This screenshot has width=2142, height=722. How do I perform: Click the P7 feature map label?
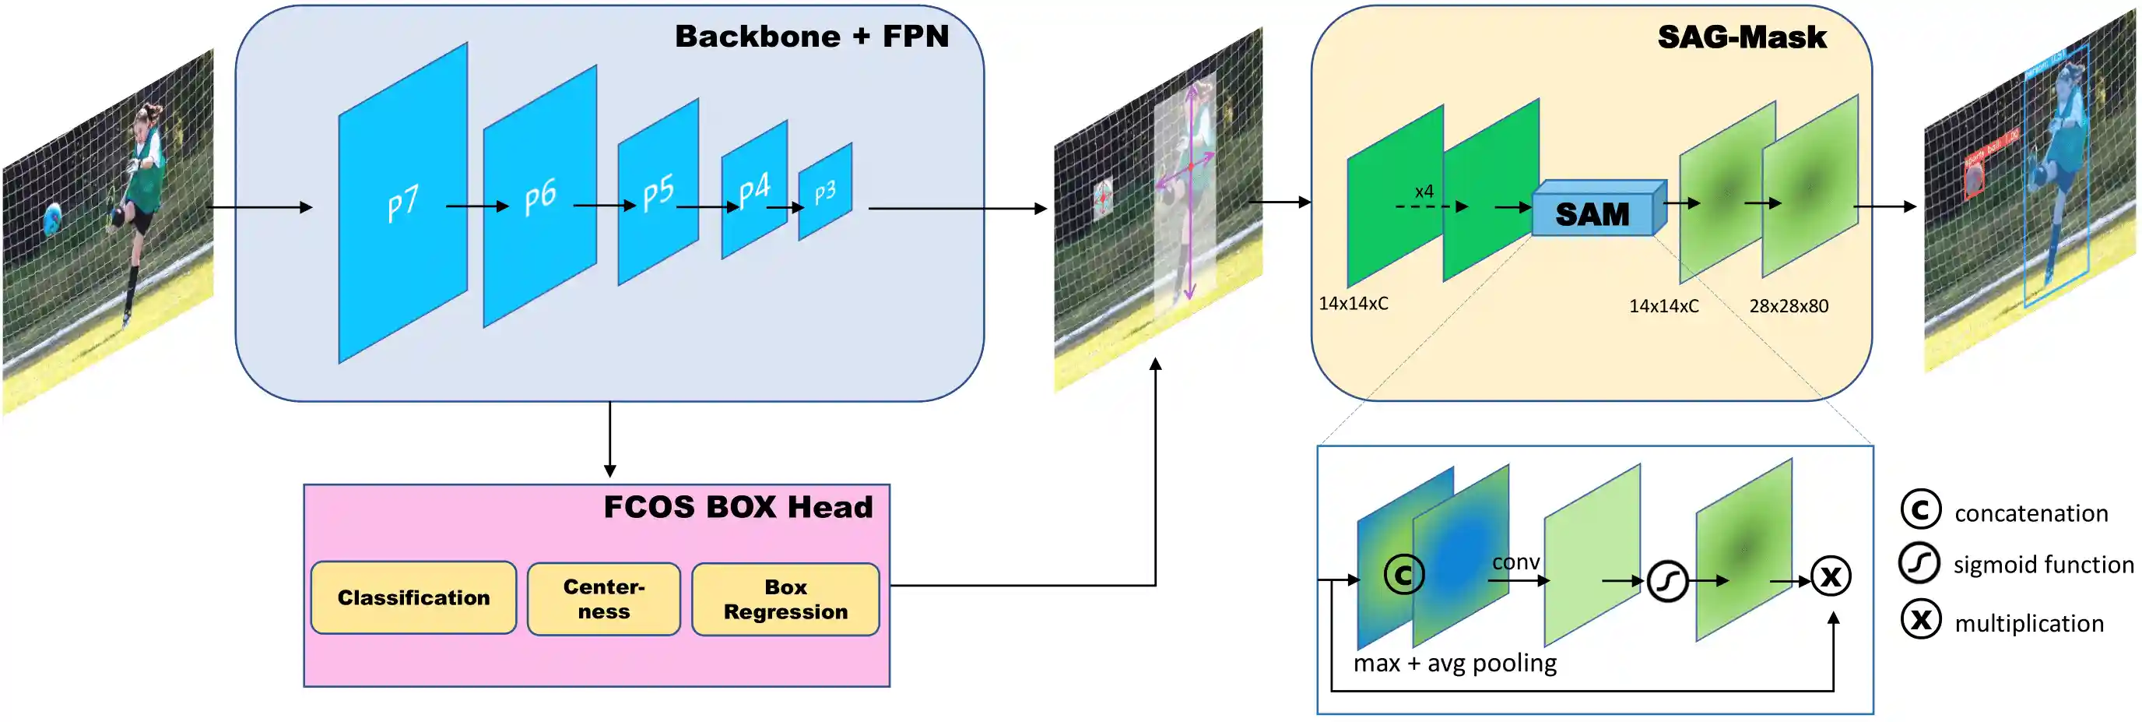pyautogui.click(x=403, y=203)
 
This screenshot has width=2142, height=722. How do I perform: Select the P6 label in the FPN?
pyautogui.click(x=540, y=197)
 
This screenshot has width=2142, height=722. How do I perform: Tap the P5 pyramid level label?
pyautogui.click(x=658, y=193)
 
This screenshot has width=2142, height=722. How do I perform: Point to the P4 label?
pyautogui.click(x=754, y=188)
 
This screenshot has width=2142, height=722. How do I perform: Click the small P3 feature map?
pyautogui.click(x=825, y=192)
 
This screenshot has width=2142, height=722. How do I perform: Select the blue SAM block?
pyautogui.click(x=1593, y=213)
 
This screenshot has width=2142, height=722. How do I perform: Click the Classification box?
pyautogui.click(x=413, y=597)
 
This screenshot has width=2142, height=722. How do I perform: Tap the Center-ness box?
pyautogui.click(x=604, y=599)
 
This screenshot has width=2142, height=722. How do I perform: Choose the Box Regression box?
pyautogui.click(x=785, y=599)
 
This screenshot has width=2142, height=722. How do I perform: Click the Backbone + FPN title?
pyautogui.click(x=812, y=37)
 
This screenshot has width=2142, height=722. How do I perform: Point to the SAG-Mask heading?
pyautogui.click(x=1742, y=37)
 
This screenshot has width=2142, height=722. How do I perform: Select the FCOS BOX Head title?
pyautogui.click(x=738, y=506)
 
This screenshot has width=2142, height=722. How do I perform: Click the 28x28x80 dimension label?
pyautogui.click(x=1789, y=306)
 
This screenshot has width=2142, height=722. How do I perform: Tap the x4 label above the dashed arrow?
pyautogui.click(x=1424, y=192)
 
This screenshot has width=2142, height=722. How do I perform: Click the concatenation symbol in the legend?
pyautogui.click(x=1921, y=509)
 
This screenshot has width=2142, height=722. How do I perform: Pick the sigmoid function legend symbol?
pyautogui.click(x=1919, y=563)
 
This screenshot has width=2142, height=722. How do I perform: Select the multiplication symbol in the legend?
pyautogui.click(x=1921, y=620)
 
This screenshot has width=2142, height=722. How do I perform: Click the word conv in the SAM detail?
pyautogui.click(x=1515, y=562)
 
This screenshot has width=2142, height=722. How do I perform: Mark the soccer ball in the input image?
pyautogui.click(x=52, y=219)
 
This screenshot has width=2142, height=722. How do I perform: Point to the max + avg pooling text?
pyautogui.click(x=1454, y=663)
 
